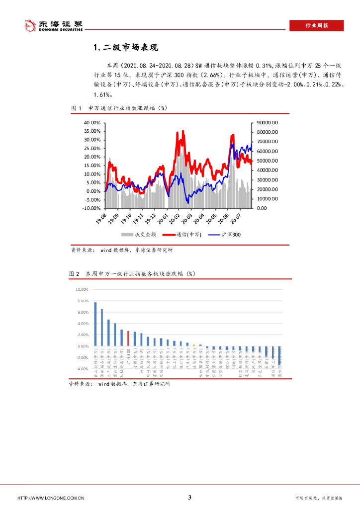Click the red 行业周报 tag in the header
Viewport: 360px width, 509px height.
(316, 26)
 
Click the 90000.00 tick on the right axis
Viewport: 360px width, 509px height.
(267, 123)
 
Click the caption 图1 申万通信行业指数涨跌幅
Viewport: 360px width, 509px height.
(119, 108)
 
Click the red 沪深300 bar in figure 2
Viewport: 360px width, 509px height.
(128, 339)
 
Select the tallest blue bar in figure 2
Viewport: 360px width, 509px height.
(95, 324)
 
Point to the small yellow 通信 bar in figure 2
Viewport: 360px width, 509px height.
(194, 345)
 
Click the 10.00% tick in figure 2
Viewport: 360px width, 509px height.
(81, 289)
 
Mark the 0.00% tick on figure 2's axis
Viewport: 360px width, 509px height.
(82, 346)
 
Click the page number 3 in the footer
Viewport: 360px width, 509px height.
(189, 498)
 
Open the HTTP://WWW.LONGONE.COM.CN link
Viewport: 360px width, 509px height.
(51, 498)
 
